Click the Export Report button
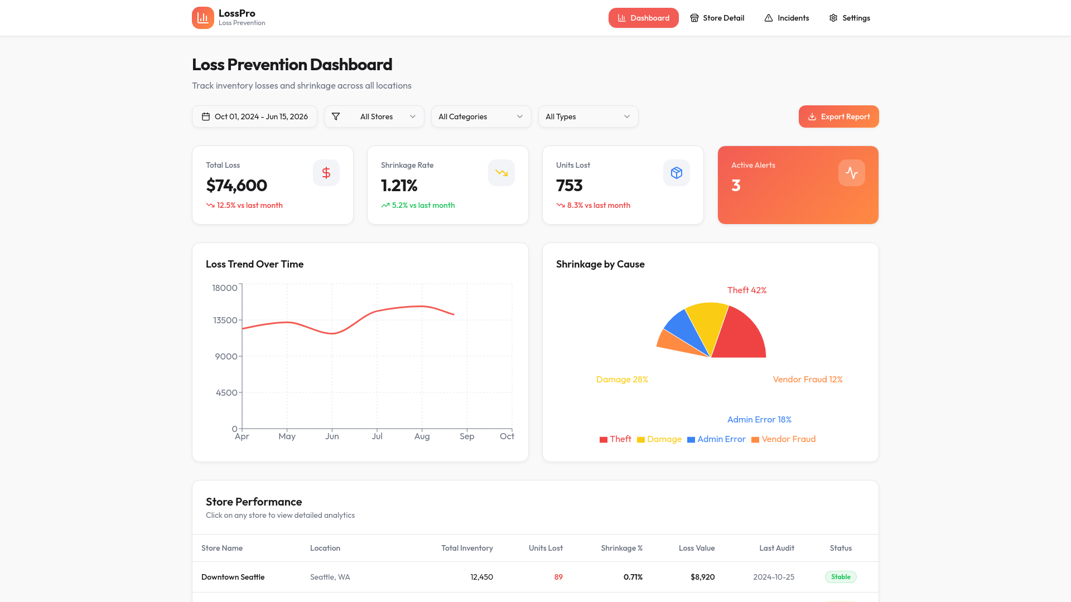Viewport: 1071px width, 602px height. coord(838,116)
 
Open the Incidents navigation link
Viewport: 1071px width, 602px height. coord(787,18)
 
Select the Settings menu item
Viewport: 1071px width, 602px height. coord(849,18)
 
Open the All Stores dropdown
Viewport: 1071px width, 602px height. coord(374,116)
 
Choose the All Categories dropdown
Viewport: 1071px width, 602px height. coord(481,116)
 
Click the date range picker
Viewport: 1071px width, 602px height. coord(254,116)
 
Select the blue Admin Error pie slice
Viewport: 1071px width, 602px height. coord(683,331)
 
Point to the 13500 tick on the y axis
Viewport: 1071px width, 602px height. coord(225,320)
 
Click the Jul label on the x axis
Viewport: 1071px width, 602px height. coord(377,436)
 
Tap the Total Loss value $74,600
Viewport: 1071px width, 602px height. coord(237,185)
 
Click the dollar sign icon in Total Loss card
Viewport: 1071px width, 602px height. coord(326,173)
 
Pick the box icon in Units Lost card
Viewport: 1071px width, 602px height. coord(677,173)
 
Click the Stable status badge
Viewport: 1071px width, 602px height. coord(841,577)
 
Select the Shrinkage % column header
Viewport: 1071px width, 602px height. coord(621,548)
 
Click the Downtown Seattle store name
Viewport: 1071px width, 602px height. coord(233,577)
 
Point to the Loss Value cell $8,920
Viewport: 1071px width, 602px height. coord(702,577)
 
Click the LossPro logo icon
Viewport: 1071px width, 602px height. coord(203,18)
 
